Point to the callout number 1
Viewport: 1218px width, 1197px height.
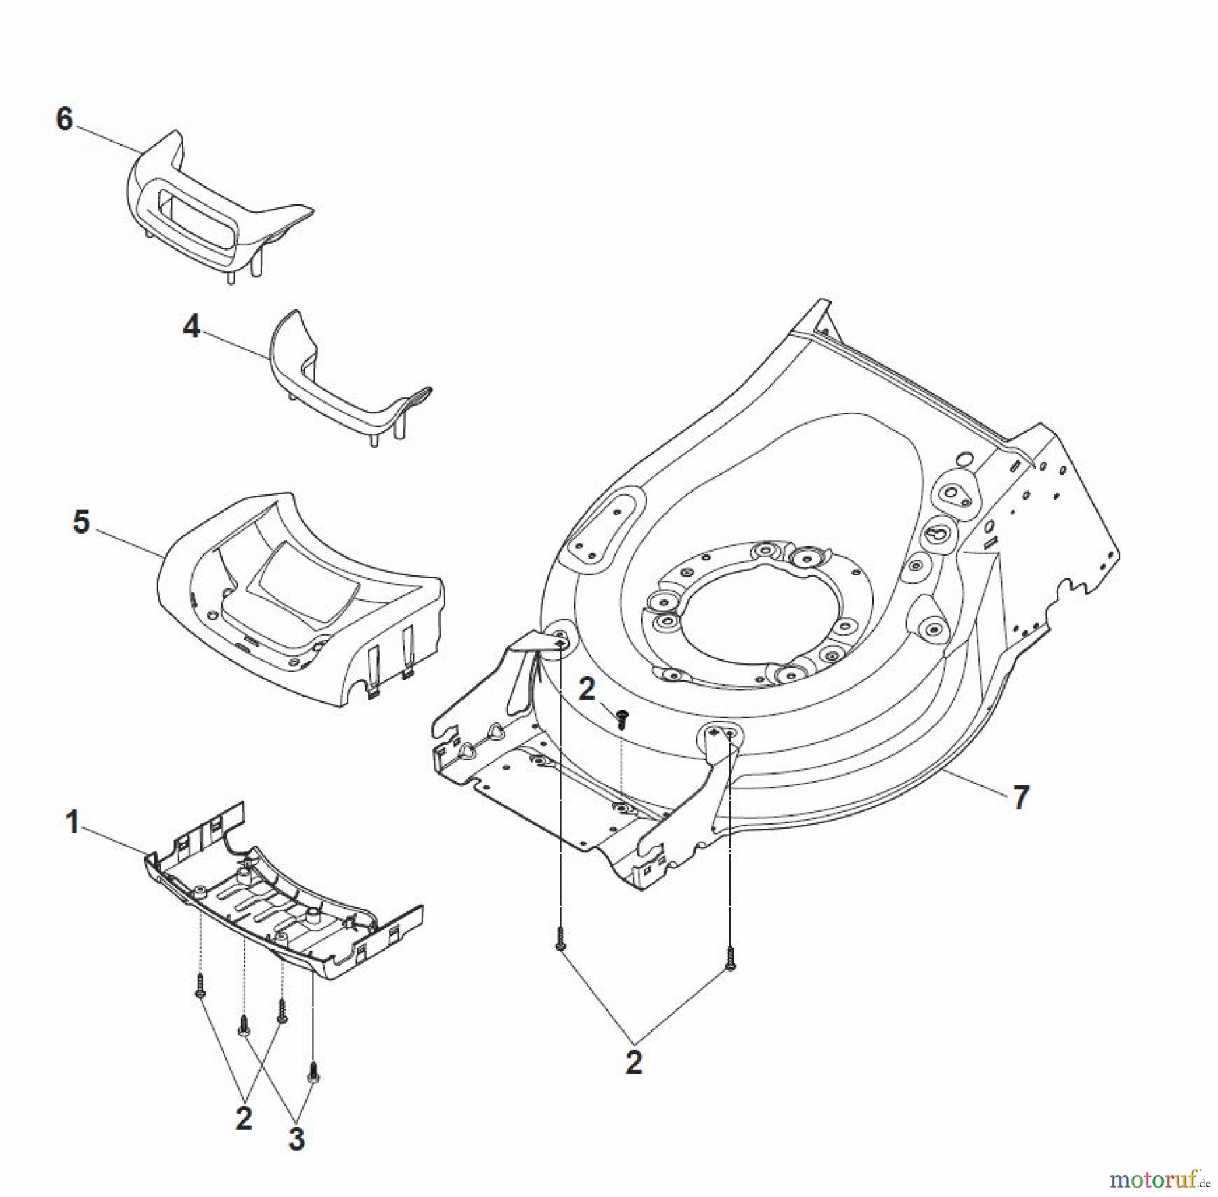click(x=72, y=823)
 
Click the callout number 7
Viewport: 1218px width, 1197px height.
click(x=1020, y=798)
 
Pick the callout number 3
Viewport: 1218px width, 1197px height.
click(x=296, y=1139)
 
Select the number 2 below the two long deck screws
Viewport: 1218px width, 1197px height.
click(x=633, y=1063)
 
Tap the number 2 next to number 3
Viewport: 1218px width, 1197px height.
click(x=244, y=1118)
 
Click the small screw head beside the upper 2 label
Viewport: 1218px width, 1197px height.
click(x=623, y=716)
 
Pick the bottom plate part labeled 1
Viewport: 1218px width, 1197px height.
click(x=284, y=900)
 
